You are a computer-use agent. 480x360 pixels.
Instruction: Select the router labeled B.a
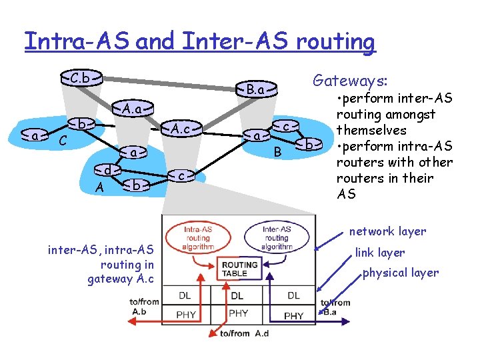pos(255,89)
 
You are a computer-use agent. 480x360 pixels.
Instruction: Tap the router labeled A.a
pos(131,108)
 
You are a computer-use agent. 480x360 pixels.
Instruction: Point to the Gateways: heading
pos(349,81)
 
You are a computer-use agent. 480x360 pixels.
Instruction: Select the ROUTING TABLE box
pos(235,269)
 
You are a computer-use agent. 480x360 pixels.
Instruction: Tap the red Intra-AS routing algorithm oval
pos(198,237)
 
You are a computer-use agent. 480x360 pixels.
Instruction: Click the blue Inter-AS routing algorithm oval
pos(276,237)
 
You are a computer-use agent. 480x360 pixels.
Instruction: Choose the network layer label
pos(387,231)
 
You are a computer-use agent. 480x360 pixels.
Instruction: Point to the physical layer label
pos(400,273)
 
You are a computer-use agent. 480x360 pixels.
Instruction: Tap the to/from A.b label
pos(145,307)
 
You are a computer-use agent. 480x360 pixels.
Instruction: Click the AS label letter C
pos(62,141)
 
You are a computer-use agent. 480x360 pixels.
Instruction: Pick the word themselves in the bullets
pos(370,130)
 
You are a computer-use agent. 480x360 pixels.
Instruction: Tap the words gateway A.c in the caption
pos(120,279)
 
